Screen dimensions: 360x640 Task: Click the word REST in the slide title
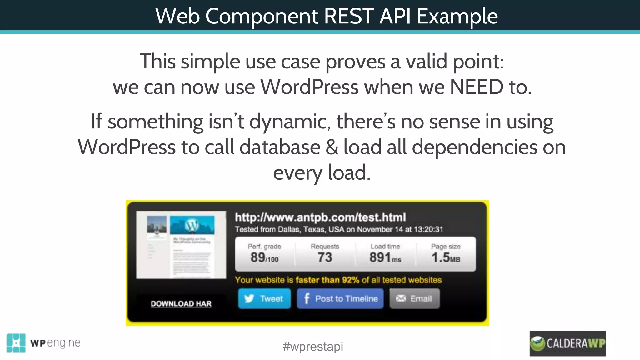click(348, 16)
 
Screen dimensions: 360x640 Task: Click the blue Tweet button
click(264, 299)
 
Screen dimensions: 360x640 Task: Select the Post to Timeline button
click(340, 299)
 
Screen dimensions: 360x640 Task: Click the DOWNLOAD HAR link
click(181, 304)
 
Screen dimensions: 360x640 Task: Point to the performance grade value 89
click(258, 257)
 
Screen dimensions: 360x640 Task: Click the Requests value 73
click(325, 257)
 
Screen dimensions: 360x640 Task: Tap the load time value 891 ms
click(385, 257)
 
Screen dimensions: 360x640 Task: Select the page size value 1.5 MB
click(446, 257)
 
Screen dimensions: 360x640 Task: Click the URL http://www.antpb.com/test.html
click(320, 217)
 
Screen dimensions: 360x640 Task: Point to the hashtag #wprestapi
click(313, 347)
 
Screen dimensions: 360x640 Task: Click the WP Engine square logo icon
click(16, 343)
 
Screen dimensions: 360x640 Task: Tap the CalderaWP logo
click(567, 343)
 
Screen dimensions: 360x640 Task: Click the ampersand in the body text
click(332, 147)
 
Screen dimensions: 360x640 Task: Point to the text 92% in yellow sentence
click(350, 280)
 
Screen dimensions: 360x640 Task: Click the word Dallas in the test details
click(289, 229)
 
